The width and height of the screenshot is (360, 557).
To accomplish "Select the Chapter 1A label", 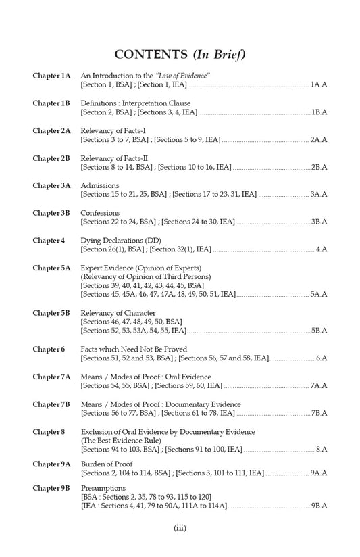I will (51, 76).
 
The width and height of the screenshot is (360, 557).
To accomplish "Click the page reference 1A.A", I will (319, 85).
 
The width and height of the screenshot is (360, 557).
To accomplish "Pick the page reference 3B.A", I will (319, 222).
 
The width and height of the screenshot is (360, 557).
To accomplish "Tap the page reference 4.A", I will (322, 250).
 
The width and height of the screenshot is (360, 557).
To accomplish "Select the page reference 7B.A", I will (319, 413).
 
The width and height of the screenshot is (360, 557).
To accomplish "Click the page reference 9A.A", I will (319, 473).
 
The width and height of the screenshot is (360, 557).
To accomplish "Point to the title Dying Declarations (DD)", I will (120, 241).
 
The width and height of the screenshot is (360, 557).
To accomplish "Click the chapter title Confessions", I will (100, 213).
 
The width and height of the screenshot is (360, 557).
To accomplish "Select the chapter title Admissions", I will (99, 185).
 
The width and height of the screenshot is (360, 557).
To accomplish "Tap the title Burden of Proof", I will (107, 464).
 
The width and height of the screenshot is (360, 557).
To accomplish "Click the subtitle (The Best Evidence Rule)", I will (121, 440).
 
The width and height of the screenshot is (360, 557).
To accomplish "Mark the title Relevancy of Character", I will (118, 313).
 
